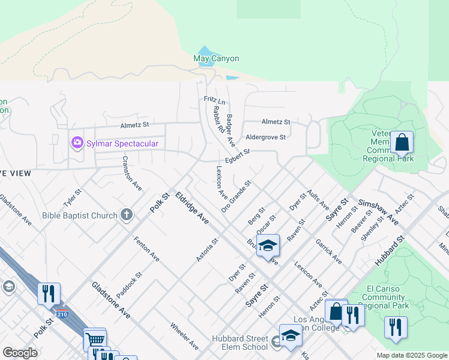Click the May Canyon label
[216, 59]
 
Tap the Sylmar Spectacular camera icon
[77, 143]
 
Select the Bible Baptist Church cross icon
[126, 215]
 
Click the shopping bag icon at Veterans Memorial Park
[402, 143]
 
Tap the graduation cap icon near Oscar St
[268, 246]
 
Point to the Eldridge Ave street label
[191, 208]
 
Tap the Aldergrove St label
[266, 137]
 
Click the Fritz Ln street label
[214, 100]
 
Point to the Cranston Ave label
[132, 173]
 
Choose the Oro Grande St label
[235, 196]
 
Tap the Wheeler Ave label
[184, 337]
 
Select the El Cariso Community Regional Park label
[387, 296]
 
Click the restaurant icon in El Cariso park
[395, 328]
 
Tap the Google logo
[20, 353]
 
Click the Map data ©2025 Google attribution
[411, 355]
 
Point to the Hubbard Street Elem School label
[240, 343]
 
